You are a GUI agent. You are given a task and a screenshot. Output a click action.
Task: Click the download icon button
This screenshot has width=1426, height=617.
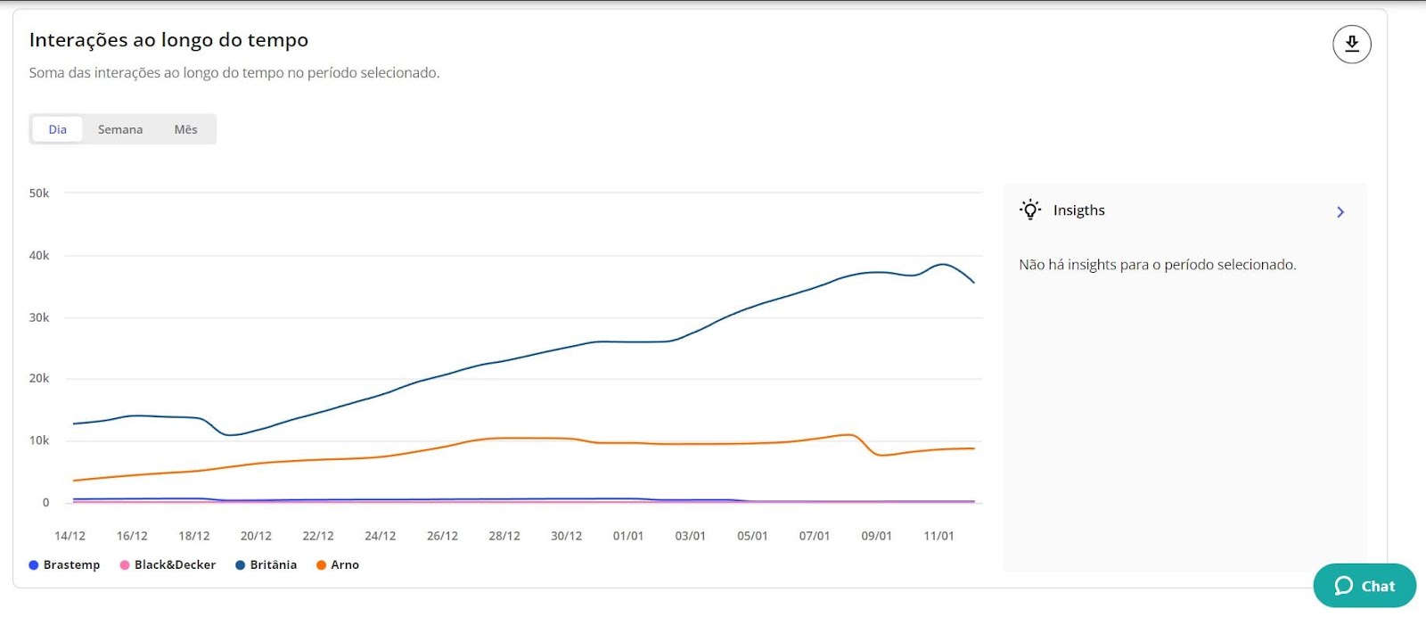tap(1351, 44)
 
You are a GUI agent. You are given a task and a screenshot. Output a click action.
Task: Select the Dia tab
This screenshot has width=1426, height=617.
tap(58, 129)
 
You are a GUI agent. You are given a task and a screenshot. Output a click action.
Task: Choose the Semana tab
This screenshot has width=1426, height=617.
tap(120, 129)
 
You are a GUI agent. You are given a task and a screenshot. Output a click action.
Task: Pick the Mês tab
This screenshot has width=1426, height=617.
tap(185, 129)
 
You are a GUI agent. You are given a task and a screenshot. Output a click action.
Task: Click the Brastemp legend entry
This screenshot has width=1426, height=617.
tap(65, 564)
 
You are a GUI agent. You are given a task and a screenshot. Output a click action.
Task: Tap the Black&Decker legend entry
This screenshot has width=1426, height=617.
tap(168, 564)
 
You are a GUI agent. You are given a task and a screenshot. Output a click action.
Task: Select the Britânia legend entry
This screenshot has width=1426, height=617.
tap(266, 564)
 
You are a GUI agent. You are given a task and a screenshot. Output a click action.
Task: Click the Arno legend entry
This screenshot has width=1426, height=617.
tap(338, 564)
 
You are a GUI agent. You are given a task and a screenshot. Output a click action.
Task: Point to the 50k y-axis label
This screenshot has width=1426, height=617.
tap(39, 193)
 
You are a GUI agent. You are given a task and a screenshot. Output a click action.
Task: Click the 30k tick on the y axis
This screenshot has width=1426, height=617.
tap(39, 317)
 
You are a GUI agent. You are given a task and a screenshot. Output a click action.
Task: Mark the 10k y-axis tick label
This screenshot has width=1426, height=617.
tap(39, 440)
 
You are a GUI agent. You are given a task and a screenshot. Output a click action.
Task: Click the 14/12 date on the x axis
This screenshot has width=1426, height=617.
tap(70, 536)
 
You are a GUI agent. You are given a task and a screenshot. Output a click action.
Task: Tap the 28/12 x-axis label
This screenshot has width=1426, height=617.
tap(504, 536)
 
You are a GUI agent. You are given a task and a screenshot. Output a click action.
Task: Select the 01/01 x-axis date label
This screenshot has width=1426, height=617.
tap(628, 536)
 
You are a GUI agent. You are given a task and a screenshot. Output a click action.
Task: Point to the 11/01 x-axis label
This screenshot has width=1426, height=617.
tap(938, 536)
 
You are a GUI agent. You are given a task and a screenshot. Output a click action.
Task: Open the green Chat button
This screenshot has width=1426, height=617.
tap(1365, 586)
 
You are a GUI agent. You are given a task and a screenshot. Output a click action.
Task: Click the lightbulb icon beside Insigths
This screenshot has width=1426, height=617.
tap(1030, 210)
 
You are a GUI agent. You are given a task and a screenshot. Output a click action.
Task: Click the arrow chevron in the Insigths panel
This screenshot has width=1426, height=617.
tap(1340, 211)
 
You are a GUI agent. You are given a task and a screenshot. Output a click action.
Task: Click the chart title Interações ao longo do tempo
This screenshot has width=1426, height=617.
tap(168, 40)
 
